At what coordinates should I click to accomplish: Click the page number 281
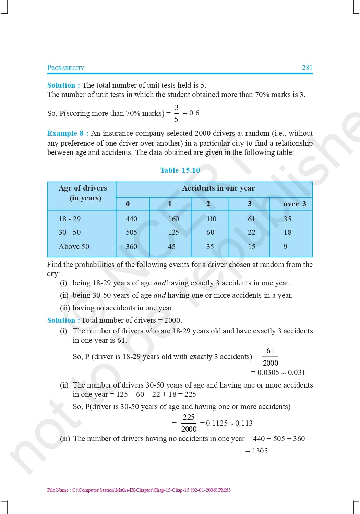coord(307,68)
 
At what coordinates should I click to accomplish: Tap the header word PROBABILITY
coord(65,68)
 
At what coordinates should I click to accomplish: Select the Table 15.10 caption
coord(180,170)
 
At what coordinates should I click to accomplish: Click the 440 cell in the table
coord(131,219)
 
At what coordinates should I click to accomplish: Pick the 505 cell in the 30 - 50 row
coord(131,232)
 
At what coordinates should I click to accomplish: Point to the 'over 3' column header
coord(295,204)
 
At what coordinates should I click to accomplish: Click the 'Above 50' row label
coord(74,247)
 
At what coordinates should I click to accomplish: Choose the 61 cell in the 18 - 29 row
coord(251,219)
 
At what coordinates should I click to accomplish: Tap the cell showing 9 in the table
coord(285,247)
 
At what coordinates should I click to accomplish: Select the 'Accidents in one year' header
coord(218,188)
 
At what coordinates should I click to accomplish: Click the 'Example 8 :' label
coord(68,133)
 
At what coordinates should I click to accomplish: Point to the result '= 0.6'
coord(191,113)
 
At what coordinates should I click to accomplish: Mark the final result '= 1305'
coord(257,451)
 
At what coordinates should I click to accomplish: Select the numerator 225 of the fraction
coord(189,417)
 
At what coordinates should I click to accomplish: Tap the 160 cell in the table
coord(173,219)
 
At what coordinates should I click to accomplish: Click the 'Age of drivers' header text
coord(83,188)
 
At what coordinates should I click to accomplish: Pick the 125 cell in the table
coord(173,232)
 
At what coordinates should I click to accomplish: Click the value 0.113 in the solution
coord(244,423)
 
